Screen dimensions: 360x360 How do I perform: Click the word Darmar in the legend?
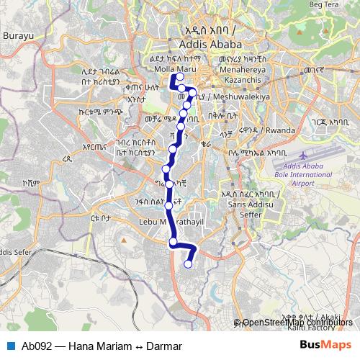coord(163,346)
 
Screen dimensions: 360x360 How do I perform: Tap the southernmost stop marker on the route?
coord(189,264)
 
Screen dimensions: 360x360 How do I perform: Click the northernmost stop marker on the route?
coord(180,78)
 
